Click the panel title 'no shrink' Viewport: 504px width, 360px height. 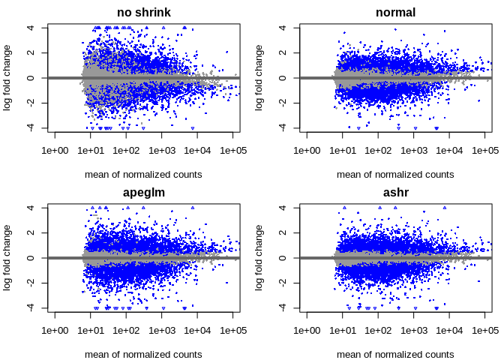pos(143,13)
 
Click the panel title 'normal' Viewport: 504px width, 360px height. pos(395,13)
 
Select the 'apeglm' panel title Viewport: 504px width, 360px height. pos(143,193)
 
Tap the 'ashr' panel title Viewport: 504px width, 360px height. pos(395,193)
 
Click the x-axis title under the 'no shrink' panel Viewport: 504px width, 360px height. pos(143,175)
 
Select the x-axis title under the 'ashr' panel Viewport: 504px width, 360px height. pos(395,355)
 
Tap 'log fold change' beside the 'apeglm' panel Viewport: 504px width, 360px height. pos(7,258)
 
